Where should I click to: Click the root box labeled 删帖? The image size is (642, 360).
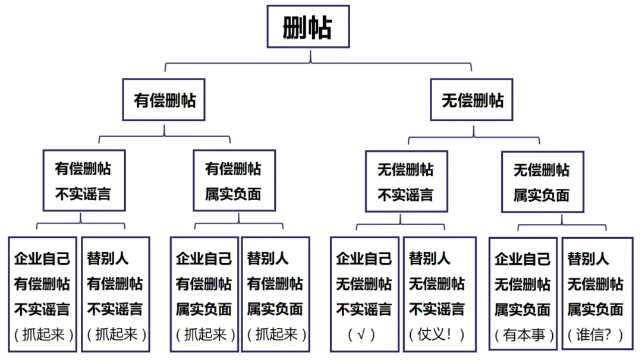[x=307, y=27]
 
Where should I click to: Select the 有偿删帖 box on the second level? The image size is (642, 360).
[x=164, y=100]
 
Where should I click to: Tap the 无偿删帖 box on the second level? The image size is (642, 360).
[x=472, y=100]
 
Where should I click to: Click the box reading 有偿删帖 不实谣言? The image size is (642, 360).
[x=83, y=181]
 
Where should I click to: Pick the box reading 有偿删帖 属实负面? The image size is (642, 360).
[x=234, y=181]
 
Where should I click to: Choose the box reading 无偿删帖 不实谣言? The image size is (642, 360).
[x=405, y=181]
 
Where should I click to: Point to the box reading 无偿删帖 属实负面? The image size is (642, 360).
[x=542, y=182]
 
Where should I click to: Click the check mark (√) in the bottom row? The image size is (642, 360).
[x=362, y=334]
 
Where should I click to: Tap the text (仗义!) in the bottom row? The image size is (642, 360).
[x=438, y=334]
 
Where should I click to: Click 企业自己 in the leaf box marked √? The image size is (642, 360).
[x=364, y=258]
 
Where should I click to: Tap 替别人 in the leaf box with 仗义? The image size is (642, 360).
[x=429, y=258]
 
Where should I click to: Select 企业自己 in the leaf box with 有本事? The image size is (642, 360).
[x=523, y=258]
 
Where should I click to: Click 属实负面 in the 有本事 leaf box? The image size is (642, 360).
[x=523, y=310]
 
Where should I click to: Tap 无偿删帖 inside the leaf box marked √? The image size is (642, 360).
[x=364, y=284]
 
